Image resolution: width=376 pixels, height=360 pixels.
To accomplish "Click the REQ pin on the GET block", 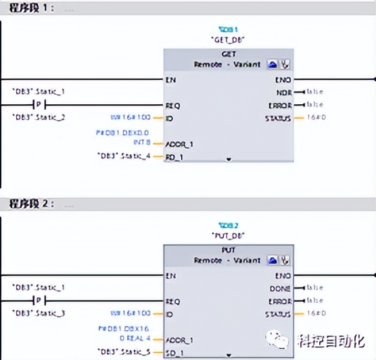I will coord(173,105).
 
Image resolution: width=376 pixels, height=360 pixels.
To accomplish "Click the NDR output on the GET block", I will coord(283,92).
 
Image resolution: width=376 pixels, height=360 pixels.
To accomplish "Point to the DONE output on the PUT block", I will coord(281,288).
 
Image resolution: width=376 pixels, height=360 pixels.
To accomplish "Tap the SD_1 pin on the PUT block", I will coord(174,353).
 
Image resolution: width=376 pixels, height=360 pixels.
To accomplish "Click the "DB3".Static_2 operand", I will coord(41,117).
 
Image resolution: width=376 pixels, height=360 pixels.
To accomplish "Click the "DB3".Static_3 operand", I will coord(41,313).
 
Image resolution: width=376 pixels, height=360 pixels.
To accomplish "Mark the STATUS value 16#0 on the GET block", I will coord(314,118).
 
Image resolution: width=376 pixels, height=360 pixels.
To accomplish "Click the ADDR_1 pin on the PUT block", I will coord(179,340).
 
